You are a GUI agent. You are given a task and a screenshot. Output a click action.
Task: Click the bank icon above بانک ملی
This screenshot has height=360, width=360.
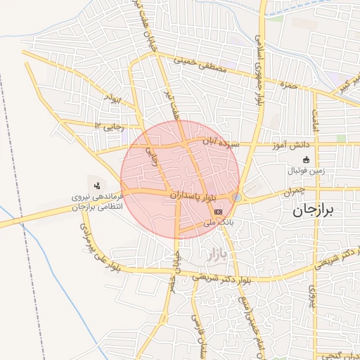pos(218,211)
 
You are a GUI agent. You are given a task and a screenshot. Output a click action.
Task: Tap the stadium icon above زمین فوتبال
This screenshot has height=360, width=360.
pos(305,160)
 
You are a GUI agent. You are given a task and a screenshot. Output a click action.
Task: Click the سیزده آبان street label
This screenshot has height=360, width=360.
pos(221,143)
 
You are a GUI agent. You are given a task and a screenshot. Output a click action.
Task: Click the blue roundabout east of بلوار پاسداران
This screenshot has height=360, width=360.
pos(236,198)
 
